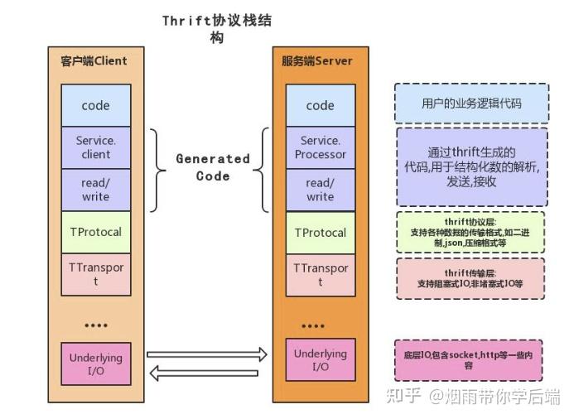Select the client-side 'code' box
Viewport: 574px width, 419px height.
[95, 105]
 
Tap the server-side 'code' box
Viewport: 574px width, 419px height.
[320, 105]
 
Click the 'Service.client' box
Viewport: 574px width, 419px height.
[95, 147]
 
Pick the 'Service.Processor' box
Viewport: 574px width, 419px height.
[320, 147]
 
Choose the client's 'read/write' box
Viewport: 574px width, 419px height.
[95, 190]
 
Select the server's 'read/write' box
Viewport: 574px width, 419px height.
[320, 190]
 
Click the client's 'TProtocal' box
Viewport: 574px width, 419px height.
[95, 232]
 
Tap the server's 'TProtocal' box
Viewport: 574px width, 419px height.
[320, 233]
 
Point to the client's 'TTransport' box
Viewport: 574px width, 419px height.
[95, 274]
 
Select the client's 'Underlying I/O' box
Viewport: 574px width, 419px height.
[95, 364]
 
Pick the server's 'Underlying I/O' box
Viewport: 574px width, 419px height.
[320, 360]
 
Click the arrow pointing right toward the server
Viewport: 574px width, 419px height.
[207, 354]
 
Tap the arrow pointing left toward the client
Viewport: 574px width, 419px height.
[207, 373]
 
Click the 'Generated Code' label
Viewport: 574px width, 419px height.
[212, 166]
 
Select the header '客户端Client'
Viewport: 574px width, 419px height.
[94, 61]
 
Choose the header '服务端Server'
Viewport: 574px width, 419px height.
[317, 61]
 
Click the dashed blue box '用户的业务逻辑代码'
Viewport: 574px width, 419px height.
[470, 103]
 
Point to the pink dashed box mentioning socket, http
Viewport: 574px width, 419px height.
[468, 359]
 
